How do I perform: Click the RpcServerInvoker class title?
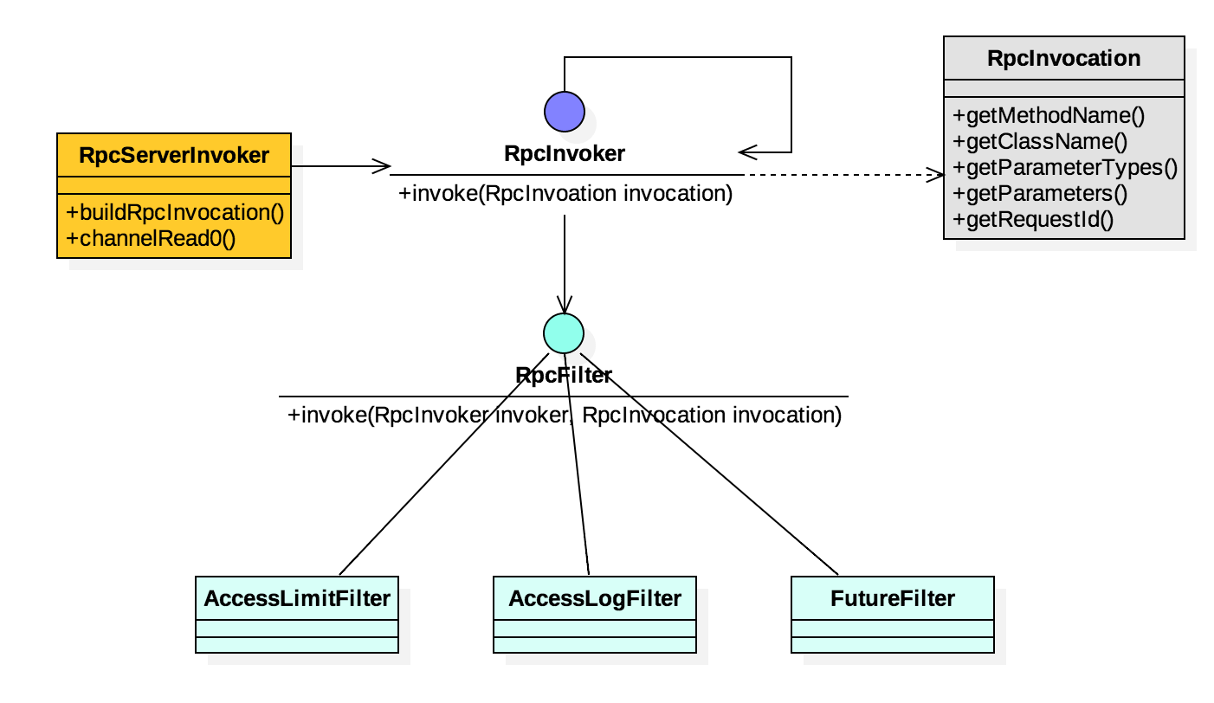pyautogui.click(x=174, y=156)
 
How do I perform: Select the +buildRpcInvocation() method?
pyautogui.click(x=175, y=213)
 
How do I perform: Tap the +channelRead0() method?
pyautogui.click(x=151, y=238)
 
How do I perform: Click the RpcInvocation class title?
pyautogui.click(x=1063, y=59)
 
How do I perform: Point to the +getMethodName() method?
pyautogui.click(x=1048, y=116)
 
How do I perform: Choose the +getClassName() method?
pyautogui.click(x=1040, y=142)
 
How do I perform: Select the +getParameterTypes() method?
pyautogui.click(x=1064, y=168)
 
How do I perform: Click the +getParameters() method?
pyautogui.click(x=1040, y=194)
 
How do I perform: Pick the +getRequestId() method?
pyautogui.click(x=1033, y=220)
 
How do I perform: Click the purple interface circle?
pyautogui.click(x=565, y=112)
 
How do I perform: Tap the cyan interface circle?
pyautogui.click(x=564, y=333)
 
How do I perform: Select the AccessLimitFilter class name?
pyautogui.click(x=297, y=598)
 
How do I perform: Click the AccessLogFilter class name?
pyautogui.click(x=595, y=598)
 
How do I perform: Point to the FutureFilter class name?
pyautogui.click(x=893, y=598)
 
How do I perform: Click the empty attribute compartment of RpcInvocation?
pyautogui.click(x=1063, y=89)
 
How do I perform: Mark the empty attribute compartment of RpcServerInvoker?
pyautogui.click(x=174, y=185)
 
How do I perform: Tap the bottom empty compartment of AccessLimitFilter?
pyautogui.click(x=297, y=645)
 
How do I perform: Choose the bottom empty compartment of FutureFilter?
pyautogui.click(x=893, y=645)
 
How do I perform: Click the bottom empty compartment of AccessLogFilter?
pyautogui.click(x=595, y=645)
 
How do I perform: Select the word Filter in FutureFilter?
pyautogui.click(x=926, y=598)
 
